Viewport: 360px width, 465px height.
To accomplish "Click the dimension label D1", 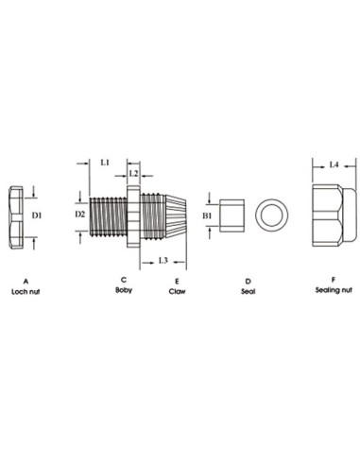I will click(38, 216).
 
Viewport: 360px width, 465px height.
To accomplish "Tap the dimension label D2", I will click(80, 215).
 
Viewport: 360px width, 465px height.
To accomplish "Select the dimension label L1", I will click(106, 163).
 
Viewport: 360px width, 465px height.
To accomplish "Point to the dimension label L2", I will click(133, 175).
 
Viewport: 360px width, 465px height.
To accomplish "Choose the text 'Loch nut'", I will click(25, 293).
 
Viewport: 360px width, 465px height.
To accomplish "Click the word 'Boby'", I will click(124, 290).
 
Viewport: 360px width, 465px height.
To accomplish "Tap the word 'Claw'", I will click(177, 292).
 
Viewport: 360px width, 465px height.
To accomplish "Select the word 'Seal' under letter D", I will click(248, 292).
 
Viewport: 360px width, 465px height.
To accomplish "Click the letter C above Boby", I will click(124, 279).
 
